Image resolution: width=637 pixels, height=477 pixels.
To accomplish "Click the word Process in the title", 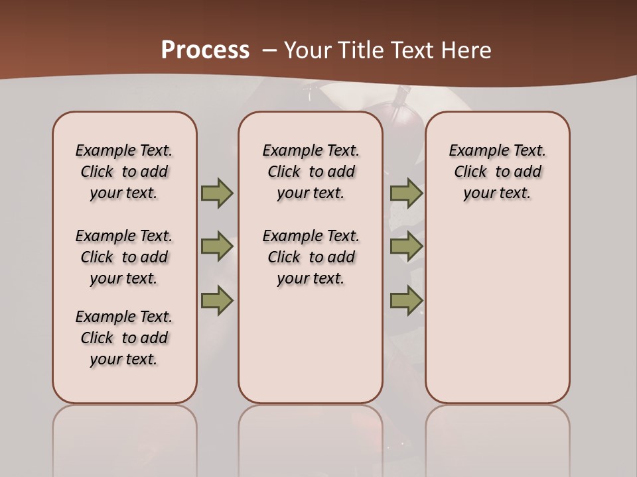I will point(205,50).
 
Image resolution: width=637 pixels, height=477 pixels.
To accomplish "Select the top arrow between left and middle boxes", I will point(217,193).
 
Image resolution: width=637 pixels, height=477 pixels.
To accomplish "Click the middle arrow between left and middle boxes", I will point(217,246).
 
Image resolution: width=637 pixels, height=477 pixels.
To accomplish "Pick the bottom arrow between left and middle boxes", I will point(217,301).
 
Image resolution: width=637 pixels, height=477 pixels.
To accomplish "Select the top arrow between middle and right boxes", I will point(406,193).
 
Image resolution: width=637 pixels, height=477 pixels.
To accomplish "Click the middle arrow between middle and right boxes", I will point(406,246).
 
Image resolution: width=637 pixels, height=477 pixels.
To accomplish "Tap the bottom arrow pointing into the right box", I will point(406,301).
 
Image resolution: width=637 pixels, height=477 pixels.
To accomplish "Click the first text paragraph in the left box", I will point(124,172).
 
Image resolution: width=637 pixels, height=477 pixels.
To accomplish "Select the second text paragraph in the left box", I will point(124,257).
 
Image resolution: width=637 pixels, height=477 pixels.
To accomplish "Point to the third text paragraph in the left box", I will point(124,338).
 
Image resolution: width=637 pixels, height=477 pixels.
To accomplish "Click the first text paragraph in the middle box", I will point(311,172).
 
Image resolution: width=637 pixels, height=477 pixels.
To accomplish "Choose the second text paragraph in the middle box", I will point(311,257).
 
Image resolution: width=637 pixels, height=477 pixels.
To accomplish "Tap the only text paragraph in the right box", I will point(497,172).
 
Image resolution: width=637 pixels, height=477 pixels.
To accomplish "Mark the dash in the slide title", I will point(269,50).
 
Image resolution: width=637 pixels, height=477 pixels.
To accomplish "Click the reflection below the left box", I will point(125,437).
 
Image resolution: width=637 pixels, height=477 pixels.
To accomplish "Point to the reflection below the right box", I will point(497,437).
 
